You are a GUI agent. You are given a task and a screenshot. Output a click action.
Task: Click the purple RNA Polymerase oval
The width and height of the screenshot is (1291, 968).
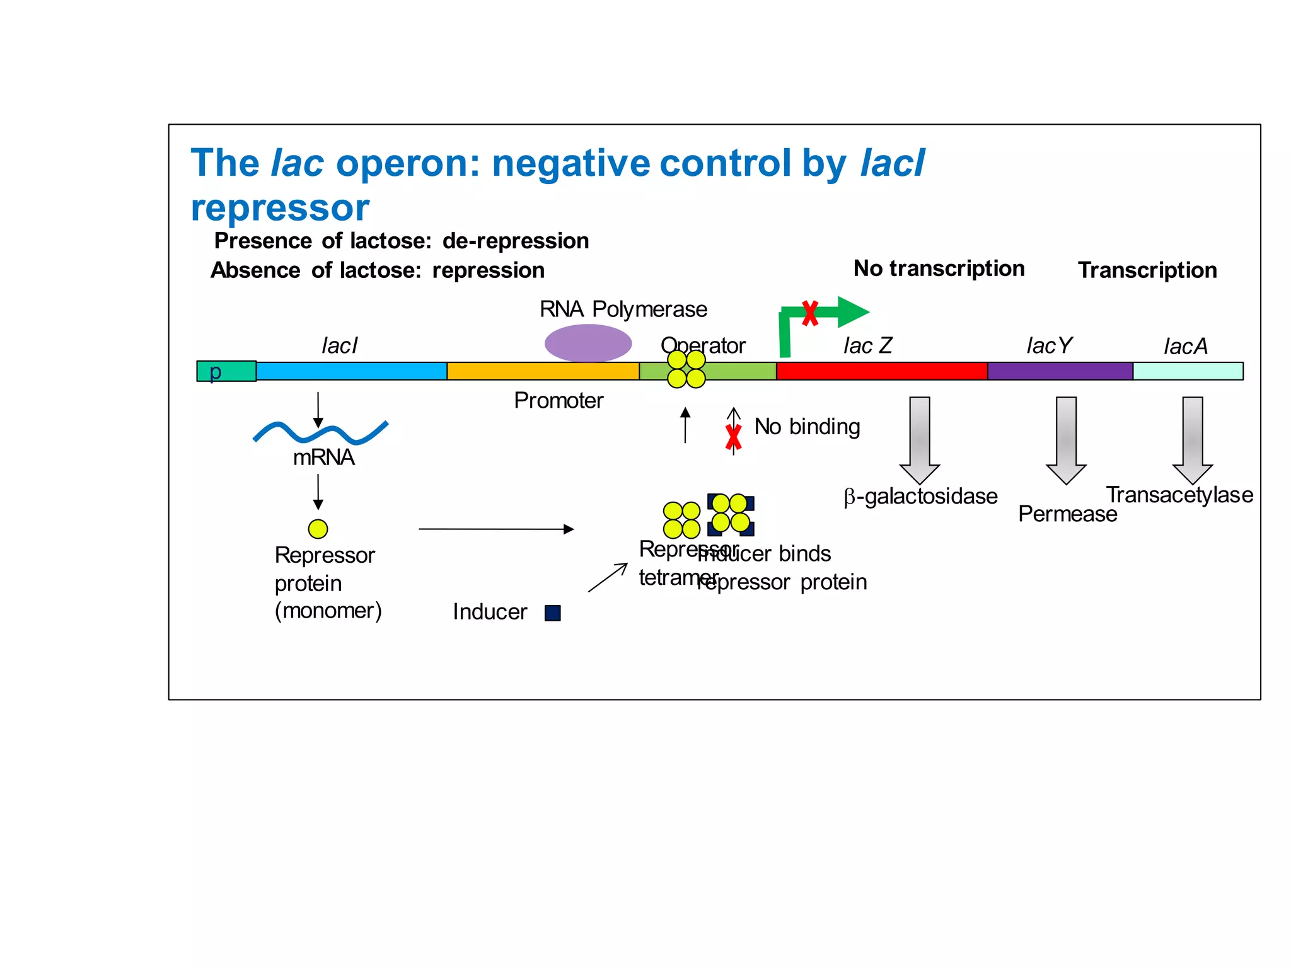point(588,343)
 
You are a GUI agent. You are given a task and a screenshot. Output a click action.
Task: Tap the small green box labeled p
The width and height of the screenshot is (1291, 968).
point(226,371)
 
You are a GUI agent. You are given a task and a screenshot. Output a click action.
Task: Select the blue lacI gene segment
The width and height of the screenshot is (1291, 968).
point(351,371)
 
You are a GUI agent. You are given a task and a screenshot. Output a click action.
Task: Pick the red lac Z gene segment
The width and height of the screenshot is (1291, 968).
point(881,371)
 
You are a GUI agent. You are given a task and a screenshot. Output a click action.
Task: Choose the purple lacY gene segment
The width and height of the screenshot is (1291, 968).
point(1060,371)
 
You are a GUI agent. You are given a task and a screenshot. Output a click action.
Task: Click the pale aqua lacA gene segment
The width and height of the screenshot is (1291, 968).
point(1188,371)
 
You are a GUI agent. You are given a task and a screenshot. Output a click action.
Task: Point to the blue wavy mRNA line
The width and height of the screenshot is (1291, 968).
point(320,432)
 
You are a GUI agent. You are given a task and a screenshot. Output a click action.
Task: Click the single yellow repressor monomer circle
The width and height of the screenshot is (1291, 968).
point(318,529)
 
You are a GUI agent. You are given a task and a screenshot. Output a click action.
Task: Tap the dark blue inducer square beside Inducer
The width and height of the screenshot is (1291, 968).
point(553,613)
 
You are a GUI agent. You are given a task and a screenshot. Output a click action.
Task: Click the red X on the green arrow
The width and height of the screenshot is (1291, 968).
point(810,313)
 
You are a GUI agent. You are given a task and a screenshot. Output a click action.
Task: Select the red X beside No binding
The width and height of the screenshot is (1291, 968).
point(733,437)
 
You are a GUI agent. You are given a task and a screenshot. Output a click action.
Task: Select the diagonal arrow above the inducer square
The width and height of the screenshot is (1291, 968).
point(608,577)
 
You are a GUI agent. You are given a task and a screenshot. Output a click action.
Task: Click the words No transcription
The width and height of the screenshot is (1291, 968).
point(939,268)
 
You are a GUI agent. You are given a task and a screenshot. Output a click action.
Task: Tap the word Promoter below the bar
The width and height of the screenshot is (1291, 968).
point(559,400)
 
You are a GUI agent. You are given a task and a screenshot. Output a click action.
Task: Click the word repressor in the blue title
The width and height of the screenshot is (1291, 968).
point(280,208)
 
